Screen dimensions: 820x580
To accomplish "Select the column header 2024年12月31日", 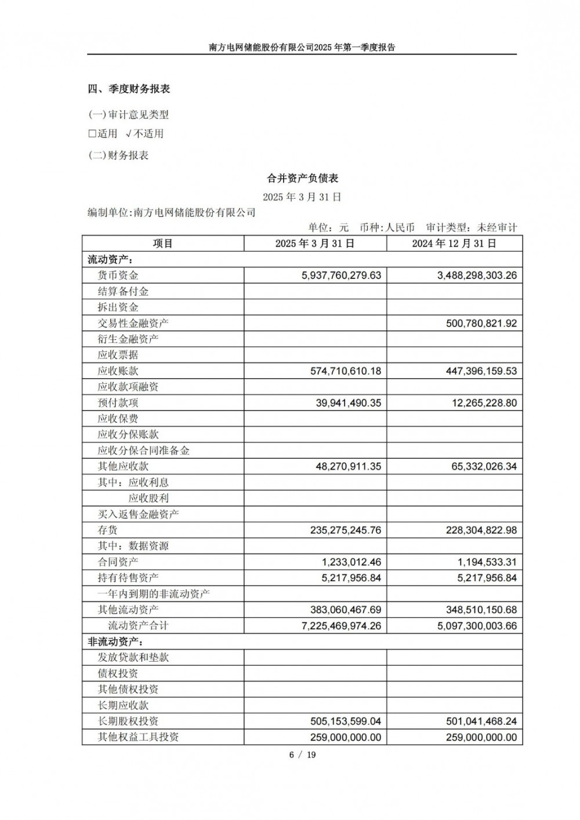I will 454,244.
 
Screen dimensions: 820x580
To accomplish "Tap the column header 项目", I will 163,244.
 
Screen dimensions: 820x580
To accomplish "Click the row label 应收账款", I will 118,371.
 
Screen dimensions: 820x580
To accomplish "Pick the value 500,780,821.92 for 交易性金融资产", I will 481,324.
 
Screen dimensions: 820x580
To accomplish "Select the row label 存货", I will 108,530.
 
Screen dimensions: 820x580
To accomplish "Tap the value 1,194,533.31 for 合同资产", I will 485,562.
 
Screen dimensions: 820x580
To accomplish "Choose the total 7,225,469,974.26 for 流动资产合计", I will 342,626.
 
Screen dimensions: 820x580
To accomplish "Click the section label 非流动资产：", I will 115,642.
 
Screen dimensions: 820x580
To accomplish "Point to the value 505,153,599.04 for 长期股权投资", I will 346,721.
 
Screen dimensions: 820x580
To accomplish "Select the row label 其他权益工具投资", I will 139,737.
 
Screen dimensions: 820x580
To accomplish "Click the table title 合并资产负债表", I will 302,178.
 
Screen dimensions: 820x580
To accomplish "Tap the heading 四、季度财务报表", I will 129,89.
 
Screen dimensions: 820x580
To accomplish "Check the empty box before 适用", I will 92,134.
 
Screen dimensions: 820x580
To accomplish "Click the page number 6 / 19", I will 302,754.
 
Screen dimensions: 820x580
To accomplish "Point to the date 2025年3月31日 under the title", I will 302,197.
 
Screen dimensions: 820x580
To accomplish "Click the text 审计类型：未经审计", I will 471,228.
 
